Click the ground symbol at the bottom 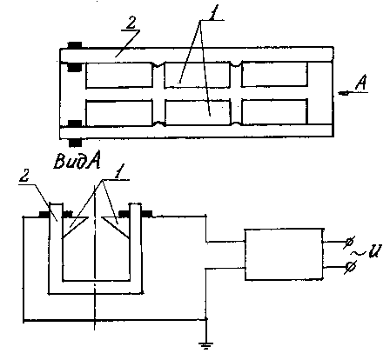tap(205, 345)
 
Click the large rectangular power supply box tap(285, 255)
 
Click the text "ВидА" tap(77, 161)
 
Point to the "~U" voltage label tap(367, 251)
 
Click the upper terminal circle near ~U tap(350, 242)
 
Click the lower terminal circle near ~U tap(351, 266)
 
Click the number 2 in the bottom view tap(25, 176)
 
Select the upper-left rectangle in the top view tap(119, 75)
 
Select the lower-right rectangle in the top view tap(274, 111)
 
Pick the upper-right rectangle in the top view tap(274, 74)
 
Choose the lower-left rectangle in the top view tap(119, 113)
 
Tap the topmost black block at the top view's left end tap(75, 45)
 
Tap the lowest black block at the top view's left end tap(75, 143)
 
